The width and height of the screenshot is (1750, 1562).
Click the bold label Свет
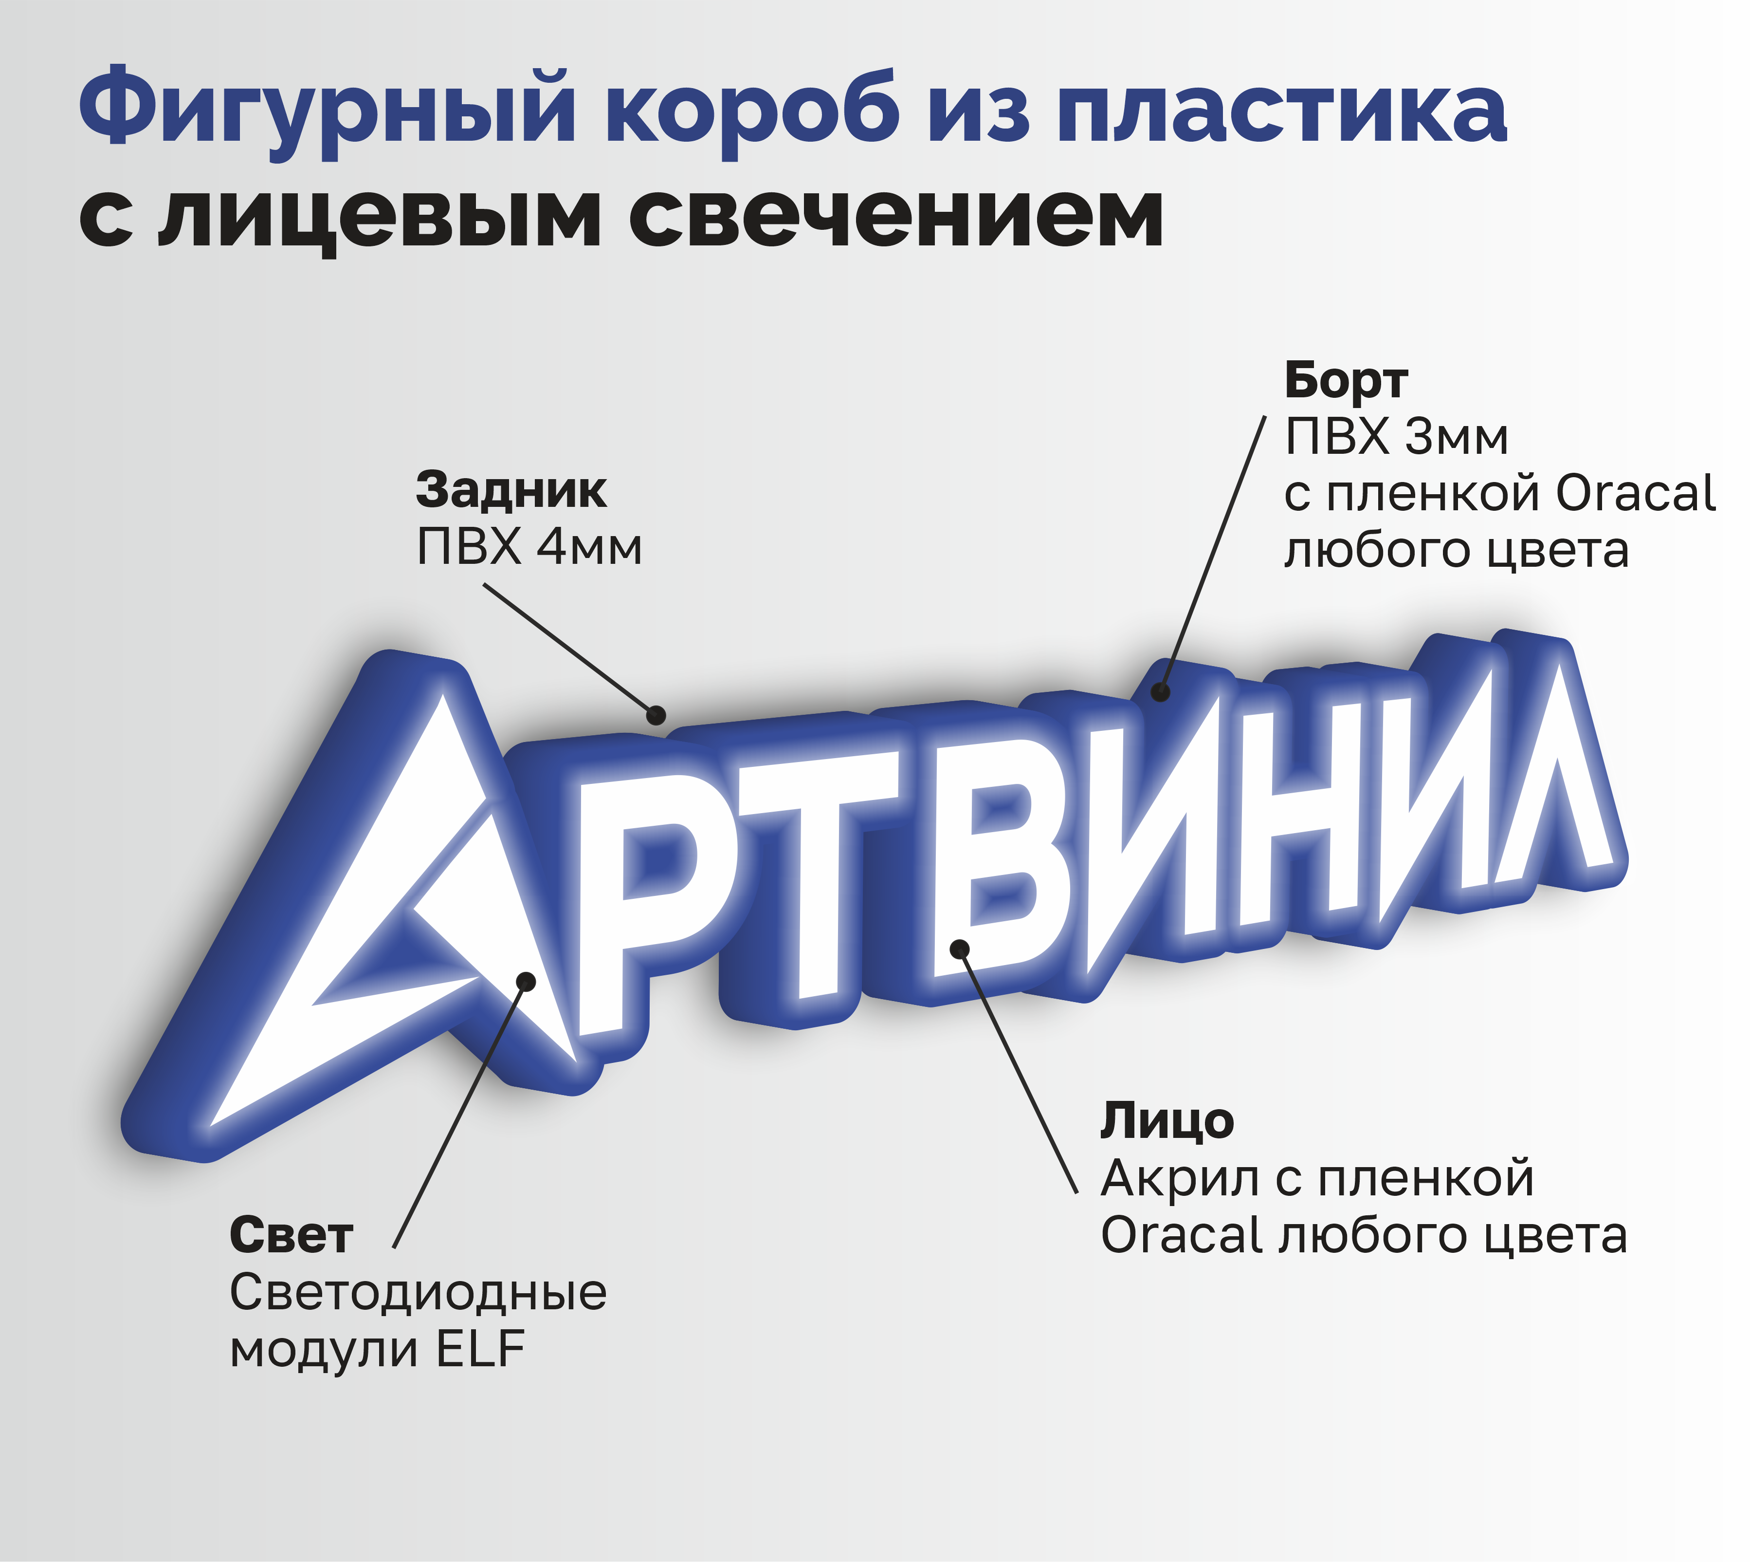point(291,1236)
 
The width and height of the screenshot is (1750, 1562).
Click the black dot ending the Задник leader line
point(656,715)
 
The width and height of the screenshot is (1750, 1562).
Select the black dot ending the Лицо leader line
point(960,949)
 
